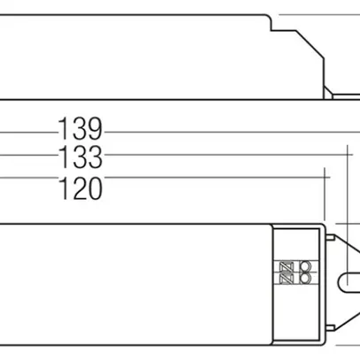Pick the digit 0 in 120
coord(94,188)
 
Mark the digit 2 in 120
coord(80,188)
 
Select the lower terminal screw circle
coord(307,280)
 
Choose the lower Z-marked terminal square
coord(295,280)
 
